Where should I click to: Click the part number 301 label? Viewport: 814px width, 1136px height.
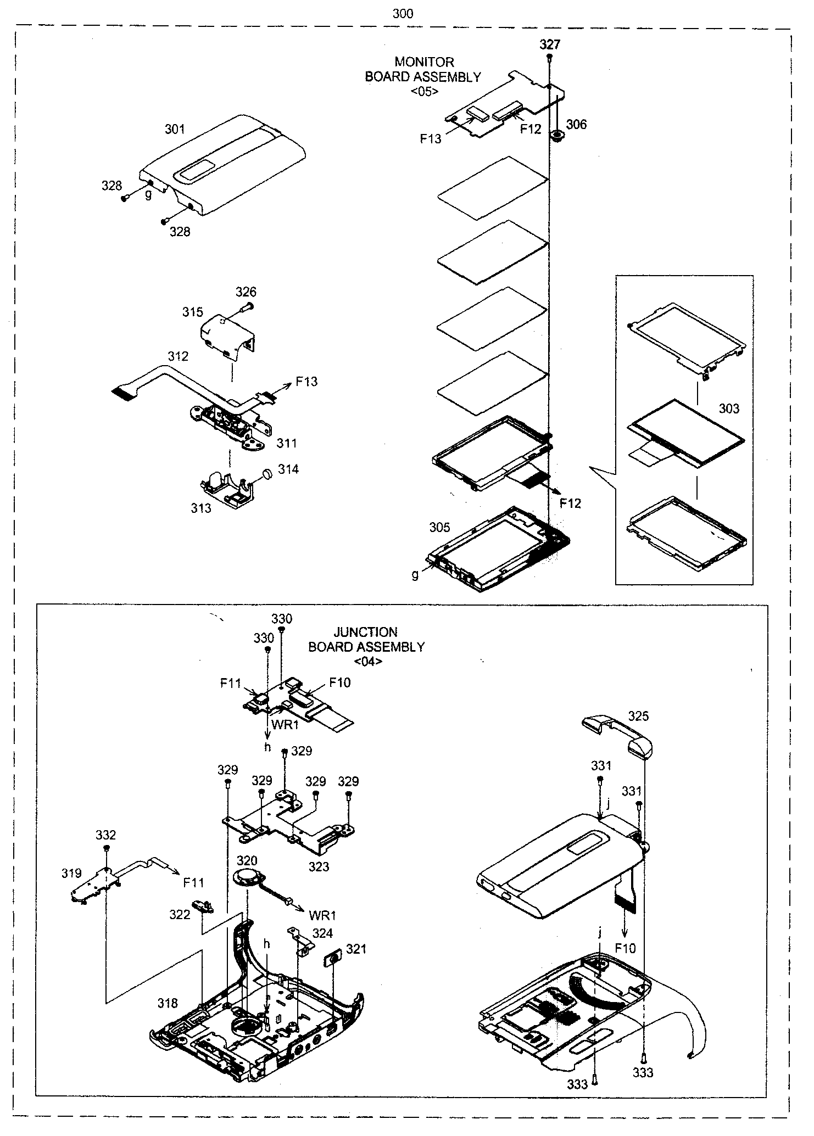tap(175, 130)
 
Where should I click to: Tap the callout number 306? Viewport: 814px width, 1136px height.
tap(576, 125)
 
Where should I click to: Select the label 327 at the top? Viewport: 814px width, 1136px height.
tap(549, 44)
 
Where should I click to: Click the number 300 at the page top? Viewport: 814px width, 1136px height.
tap(403, 14)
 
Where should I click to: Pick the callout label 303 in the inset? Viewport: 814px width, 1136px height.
tap(728, 408)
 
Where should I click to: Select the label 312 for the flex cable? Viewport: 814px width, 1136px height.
tap(178, 356)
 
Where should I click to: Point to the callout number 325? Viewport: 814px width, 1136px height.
tap(638, 716)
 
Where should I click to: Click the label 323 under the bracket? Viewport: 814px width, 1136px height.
tap(319, 866)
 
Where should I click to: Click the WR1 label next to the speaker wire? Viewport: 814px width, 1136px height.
tap(322, 915)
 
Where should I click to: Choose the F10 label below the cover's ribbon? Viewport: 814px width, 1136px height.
tap(625, 948)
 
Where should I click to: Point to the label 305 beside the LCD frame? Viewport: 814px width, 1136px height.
tap(439, 527)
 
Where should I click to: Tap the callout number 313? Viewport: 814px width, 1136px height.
tap(200, 508)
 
